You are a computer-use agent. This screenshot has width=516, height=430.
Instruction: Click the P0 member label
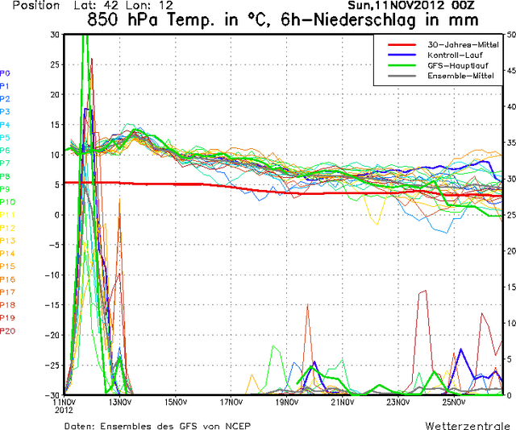[5, 72]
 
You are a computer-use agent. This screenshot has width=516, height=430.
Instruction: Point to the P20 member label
[7, 331]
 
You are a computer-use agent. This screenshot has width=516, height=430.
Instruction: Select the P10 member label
[7, 202]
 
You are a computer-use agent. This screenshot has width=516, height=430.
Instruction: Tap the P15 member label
[7, 267]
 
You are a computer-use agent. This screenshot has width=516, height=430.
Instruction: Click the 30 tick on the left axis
[54, 35]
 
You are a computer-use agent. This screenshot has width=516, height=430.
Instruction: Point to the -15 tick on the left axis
[52, 304]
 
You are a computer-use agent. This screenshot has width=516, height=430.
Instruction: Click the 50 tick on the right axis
[510, 35]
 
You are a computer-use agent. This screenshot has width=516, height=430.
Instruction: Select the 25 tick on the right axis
[510, 215]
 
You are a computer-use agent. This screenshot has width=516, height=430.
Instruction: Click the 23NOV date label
[399, 402]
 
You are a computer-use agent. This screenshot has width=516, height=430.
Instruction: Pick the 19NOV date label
[288, 402]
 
